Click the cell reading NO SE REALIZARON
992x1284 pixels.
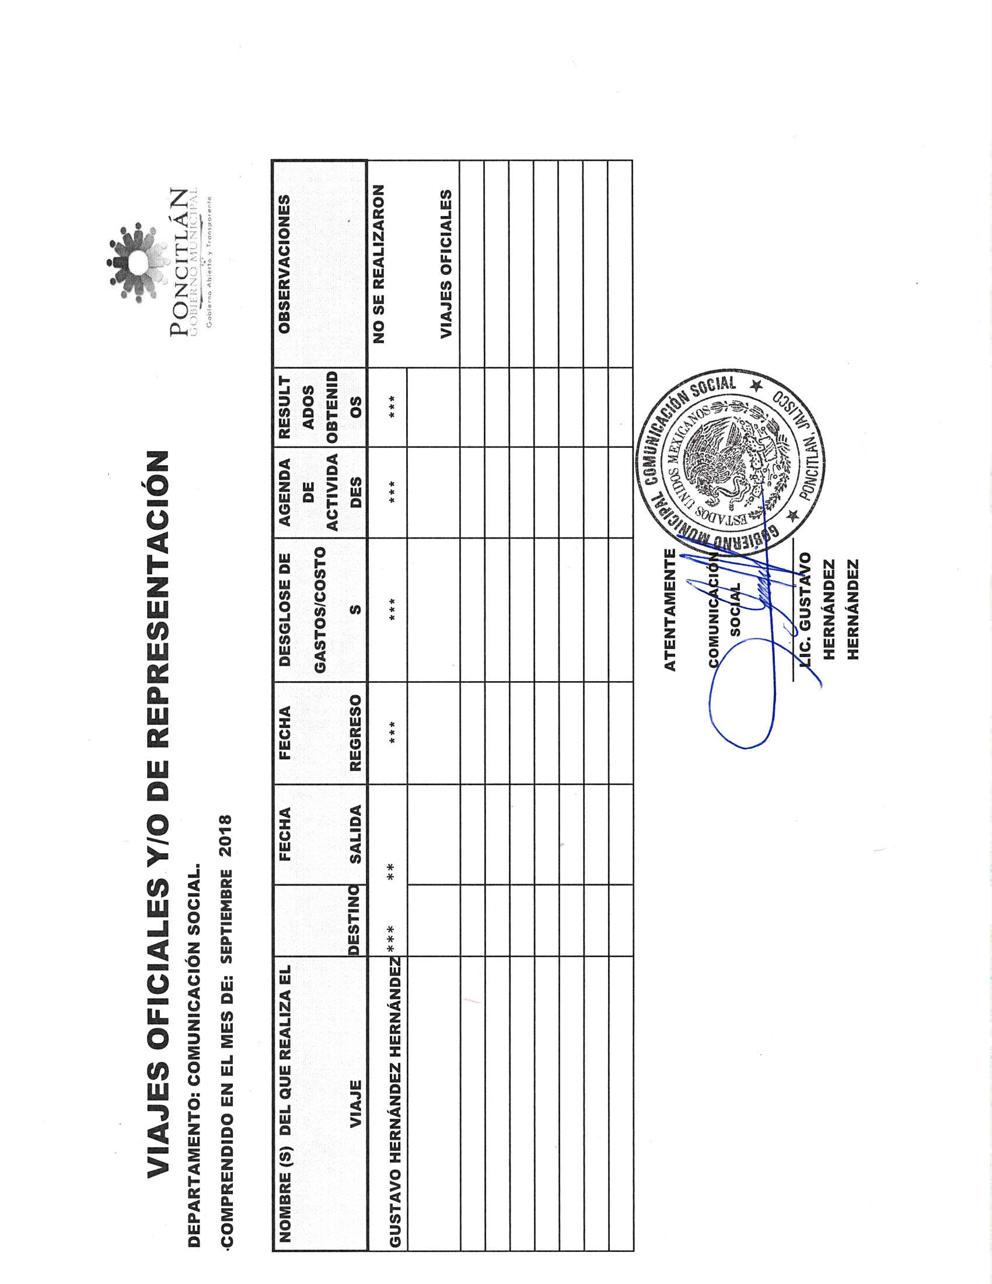[379, 264]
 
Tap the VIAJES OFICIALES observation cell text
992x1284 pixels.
[446, 264]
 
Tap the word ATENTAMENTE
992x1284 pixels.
[670, 610]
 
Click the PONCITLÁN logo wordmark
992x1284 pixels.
[180, 262]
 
